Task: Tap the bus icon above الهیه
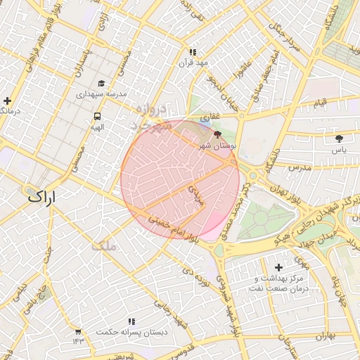click(x=96, y=116)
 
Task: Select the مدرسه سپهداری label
click(x=101, y=94)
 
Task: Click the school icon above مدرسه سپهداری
click(x=101, y=83)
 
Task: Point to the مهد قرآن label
click(x=193, y=63)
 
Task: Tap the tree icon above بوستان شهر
click(x=216, y=134)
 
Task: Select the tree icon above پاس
click(x=340, y=139)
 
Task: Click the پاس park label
click(x=340, y=150)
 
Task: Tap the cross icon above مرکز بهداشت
click(x=279, y=267)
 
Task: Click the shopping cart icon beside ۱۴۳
click(x=77, y=332)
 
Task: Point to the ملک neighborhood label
click(x=103, y=245)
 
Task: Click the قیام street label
click(x=321, y=104)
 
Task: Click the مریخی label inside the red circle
click(x=195, y=191)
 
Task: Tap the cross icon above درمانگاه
click(x=7, y=101)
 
